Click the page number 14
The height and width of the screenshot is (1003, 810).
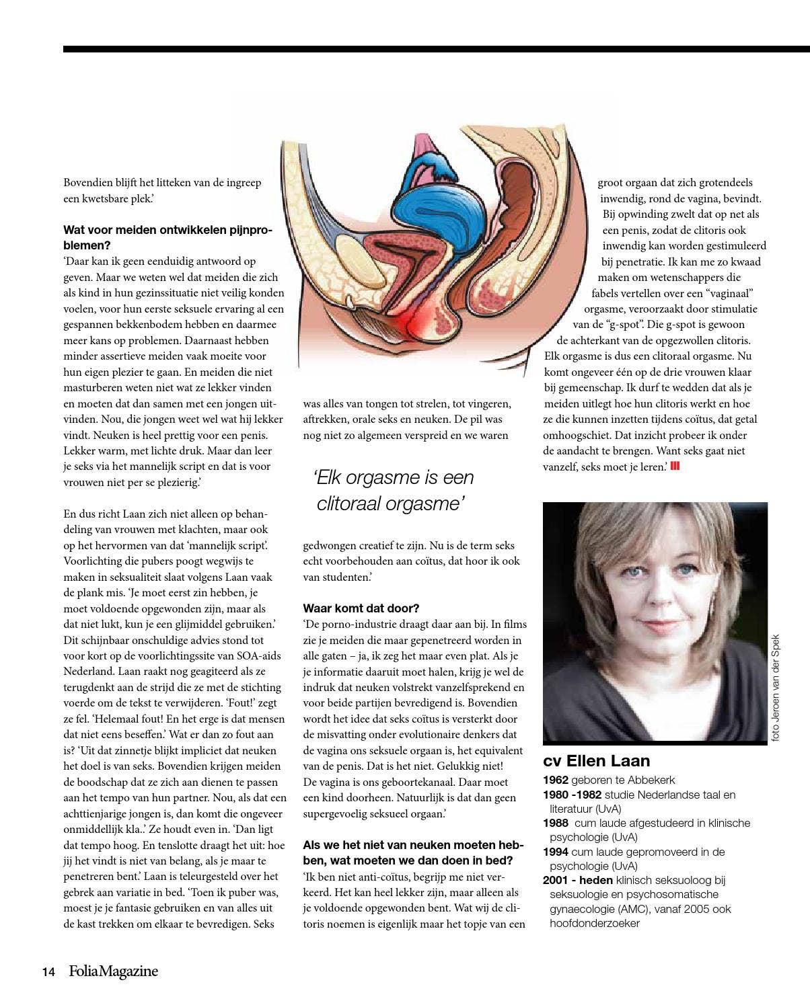(48, 972)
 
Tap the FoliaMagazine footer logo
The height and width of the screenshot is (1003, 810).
(113, 971)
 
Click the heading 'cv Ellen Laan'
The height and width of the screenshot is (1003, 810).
(596, 761)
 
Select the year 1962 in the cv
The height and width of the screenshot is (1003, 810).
(555, 780)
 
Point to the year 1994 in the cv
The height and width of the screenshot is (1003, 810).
(556, 852)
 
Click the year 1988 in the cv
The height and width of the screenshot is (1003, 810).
(556, 823)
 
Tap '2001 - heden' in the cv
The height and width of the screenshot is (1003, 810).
(577, 880)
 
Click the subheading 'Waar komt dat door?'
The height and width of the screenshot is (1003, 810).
(361, 608)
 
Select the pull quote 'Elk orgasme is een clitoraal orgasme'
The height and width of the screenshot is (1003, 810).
(394, 490)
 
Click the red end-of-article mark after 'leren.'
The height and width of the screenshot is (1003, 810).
(675, 466)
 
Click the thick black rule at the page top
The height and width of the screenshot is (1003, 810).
(436, 49)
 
